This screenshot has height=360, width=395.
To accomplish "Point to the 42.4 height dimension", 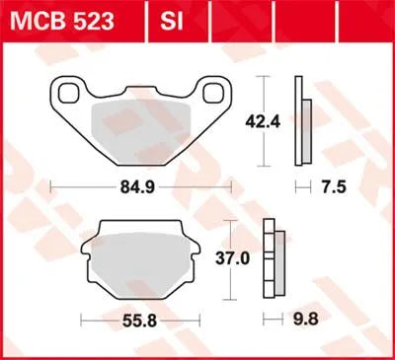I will [256, 122].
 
